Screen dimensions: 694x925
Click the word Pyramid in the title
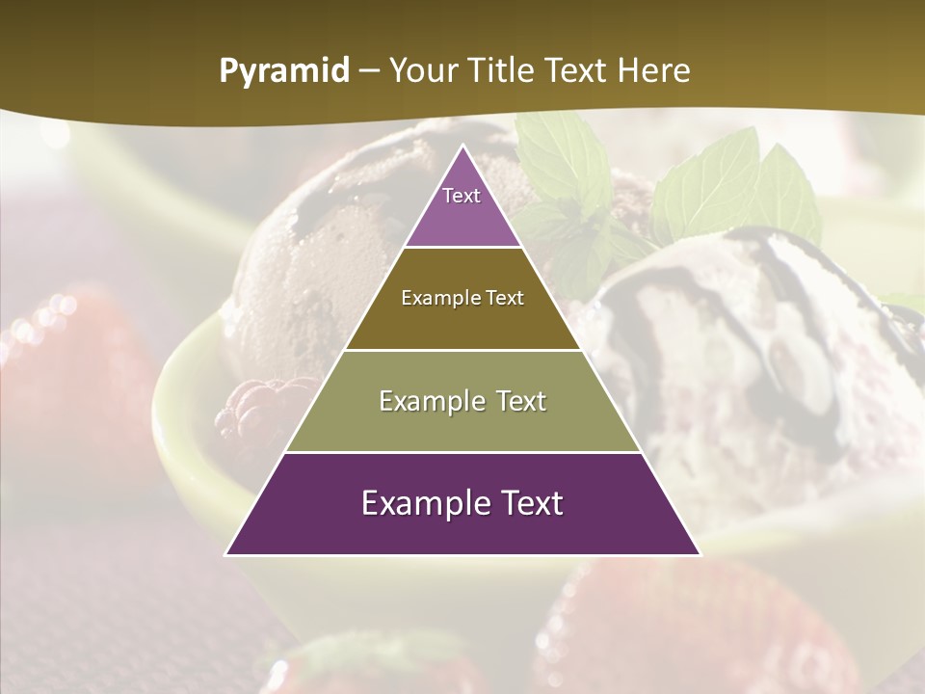[283, 71]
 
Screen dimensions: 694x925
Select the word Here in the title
[652, 71]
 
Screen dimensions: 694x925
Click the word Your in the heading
[424, 71]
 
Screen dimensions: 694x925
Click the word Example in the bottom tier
[423, 504]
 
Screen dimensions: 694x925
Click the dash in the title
[369, 71]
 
